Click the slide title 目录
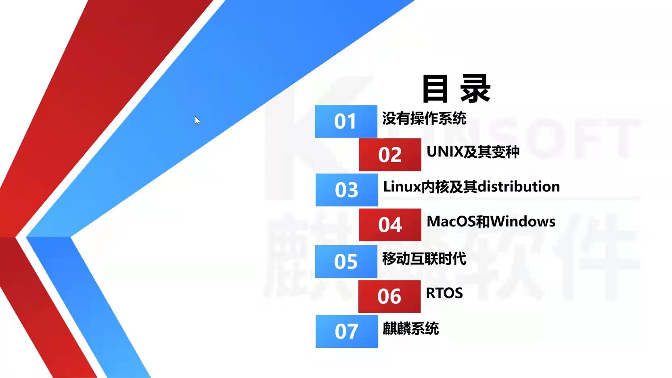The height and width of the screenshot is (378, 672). [456, 88]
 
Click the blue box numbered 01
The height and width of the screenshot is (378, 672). [346, 121]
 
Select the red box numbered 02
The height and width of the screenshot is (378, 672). [390, 155]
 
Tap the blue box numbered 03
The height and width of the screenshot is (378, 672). [347, 190]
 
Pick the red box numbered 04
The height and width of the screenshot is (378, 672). [390, 225]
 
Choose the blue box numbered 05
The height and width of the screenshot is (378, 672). [346, 261]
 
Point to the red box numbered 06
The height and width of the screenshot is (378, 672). [389, 297]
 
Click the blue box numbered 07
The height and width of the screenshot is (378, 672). [347, 331]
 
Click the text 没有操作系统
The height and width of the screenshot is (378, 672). [424, 119]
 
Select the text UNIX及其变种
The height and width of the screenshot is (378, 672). [473, 152]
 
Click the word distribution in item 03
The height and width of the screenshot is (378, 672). [519, 186]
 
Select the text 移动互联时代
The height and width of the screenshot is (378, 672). [424, 259]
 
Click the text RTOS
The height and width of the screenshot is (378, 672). [444, 293]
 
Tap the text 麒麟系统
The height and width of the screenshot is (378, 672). [410, 328]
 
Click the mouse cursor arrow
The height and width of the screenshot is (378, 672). [197, 120]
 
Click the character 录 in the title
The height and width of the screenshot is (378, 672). [475, 88]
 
